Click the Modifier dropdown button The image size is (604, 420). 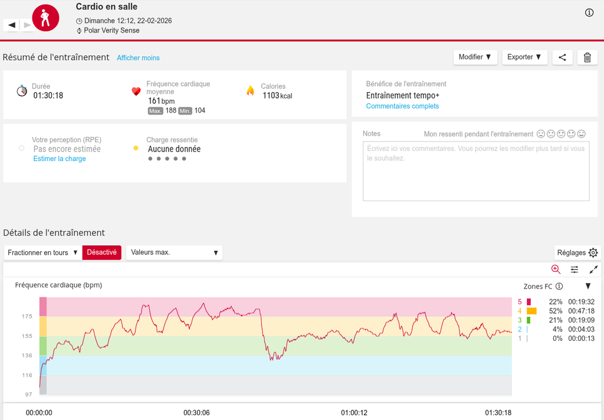pyautogui.click(x=475, y=57)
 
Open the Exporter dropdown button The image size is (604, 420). pyautogui.click(x=524, y=57)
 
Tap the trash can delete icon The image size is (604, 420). pyautogui.click(x=587, y=57)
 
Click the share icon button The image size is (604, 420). pyautogui.click(x=562, y=57)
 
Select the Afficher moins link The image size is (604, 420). pyautogui.click(x=138, y=58)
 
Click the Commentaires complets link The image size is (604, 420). pyautogui.click(x=402, y=106)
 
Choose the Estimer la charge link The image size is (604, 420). pyautogui.click(x=60, y=159)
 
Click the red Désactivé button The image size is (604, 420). pyautogui.click(x=101, y=252)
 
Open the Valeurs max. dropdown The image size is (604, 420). pyautogui.click(x=174, y=252)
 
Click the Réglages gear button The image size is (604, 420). pyautogui.click(x=577, y=252)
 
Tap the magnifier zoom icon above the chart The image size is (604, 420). pyautogui.click(x=556, y=269)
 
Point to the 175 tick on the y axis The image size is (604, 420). pyautogui.click(x=27, y=317)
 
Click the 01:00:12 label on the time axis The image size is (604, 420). pyautogui.click(x=354, y=413)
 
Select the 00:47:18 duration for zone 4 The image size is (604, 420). pyautogui.click(x=581, y=311)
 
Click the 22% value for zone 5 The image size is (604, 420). pyautogui.click(x=555, y=301)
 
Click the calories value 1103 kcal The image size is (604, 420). pyautogui.click(x=277, y=96)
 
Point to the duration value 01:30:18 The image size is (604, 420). pyautogui.click(x=48, y=96)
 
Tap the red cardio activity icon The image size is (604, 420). pyautogui.click(x=45, y=18)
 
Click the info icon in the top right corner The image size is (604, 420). pyautogui.click(x=589, y=13)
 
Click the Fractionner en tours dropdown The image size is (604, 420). pyautogui.click(x=43, y=252)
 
